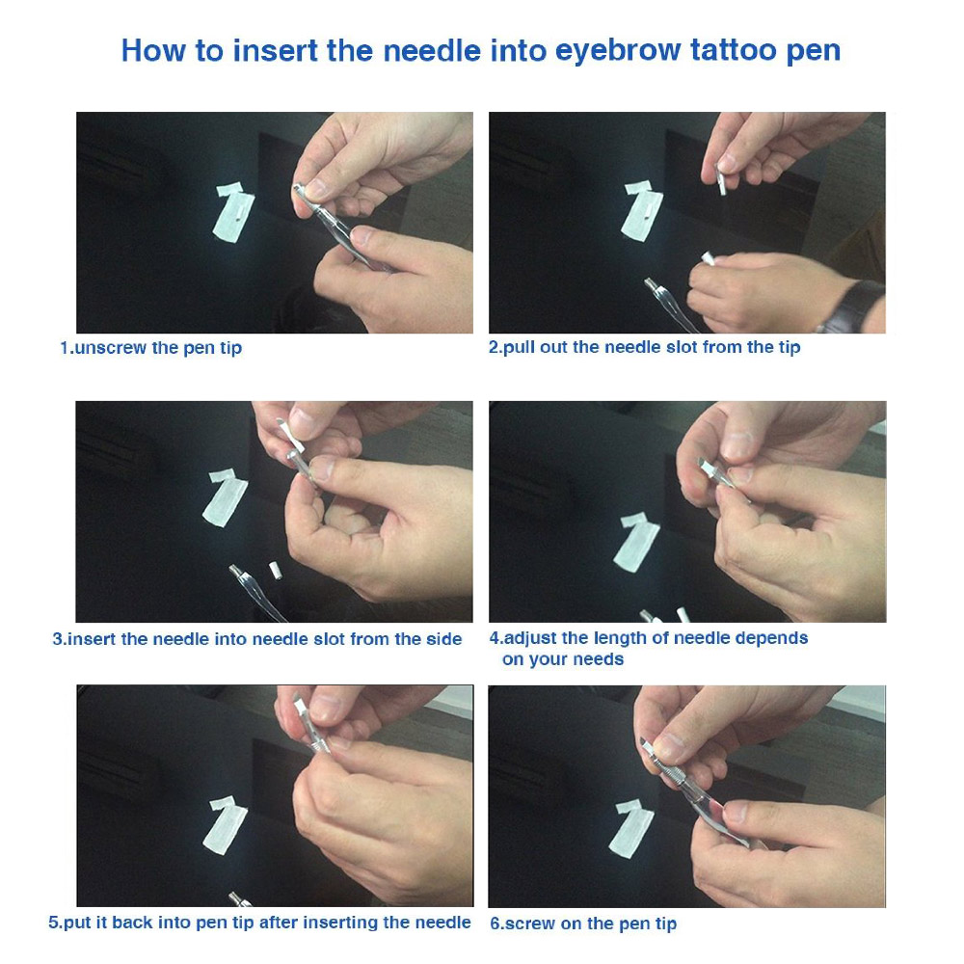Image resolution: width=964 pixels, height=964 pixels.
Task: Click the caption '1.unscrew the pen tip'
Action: pos(150,348)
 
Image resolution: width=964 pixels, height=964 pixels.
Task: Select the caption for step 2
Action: pos(644,347)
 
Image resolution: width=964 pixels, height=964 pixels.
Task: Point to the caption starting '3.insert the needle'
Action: pos(256,639)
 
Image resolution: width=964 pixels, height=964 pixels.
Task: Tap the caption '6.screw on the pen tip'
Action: pos(583,924)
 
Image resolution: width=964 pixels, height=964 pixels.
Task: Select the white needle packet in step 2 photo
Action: pos(640,209)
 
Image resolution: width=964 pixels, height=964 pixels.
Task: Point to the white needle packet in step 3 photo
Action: pos(226,496)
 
